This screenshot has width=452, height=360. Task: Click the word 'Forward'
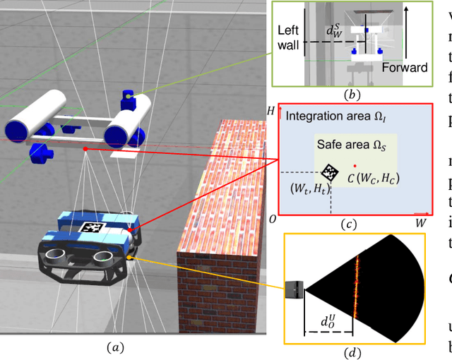point(405,68)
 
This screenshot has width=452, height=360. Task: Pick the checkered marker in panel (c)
point(329,172)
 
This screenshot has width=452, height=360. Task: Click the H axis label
point(270,111)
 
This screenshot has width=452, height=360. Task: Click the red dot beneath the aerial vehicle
point(85,149)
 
